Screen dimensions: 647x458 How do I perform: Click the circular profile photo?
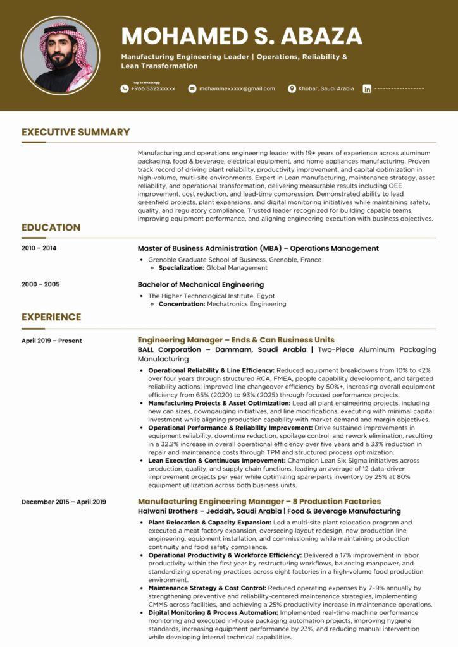pyautogui.click(x=60, y=56)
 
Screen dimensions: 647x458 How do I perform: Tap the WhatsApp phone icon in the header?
pyautogui.click(x=125, y=88)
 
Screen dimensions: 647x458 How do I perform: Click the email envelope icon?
pyautogui.click(x=193, y=88)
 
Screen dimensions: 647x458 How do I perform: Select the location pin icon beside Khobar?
pyautogui.click(x=292, y=88)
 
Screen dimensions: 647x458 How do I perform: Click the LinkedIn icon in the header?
pyautogui.click(x=367, y=89)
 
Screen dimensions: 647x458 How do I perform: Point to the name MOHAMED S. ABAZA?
pyautogui.click(x=242, y=36)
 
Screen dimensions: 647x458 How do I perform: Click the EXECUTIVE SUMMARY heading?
pyautogui.click(x=75, y=132)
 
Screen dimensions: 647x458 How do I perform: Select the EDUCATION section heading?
pyautogui.click(x=51, y=227)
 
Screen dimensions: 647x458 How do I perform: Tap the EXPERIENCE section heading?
pyautogui.click(x=51, y=317)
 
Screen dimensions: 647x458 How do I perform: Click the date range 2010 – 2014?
pyautogui.click(x=39, y=248)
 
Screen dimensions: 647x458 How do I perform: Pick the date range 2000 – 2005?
pyautogui.click(x=40, y=284)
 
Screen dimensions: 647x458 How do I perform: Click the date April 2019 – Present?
pyautogui.click(x=51, y=341)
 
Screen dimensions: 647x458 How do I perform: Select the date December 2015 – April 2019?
pyautogui.click(x=63, y=502)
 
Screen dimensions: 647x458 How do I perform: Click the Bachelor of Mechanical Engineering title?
pyautogui.click(x=201, y=284)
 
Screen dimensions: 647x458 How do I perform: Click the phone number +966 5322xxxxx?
pyautogui.click(x=153, y=88)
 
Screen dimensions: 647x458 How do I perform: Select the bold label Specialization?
pyautogui.click(x=181, y=268)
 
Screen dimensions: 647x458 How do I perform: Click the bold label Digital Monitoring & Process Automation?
pyautogui.click(x=213, y=612)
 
